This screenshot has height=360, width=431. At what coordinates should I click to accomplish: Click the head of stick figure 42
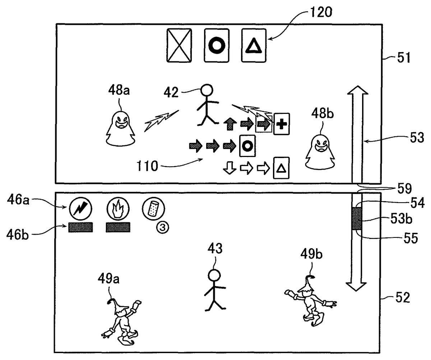[x=206, y=90]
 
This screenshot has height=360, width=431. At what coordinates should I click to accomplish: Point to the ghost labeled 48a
[x=120, y=129]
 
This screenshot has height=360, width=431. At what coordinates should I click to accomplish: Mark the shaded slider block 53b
[x=357, y=218]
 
